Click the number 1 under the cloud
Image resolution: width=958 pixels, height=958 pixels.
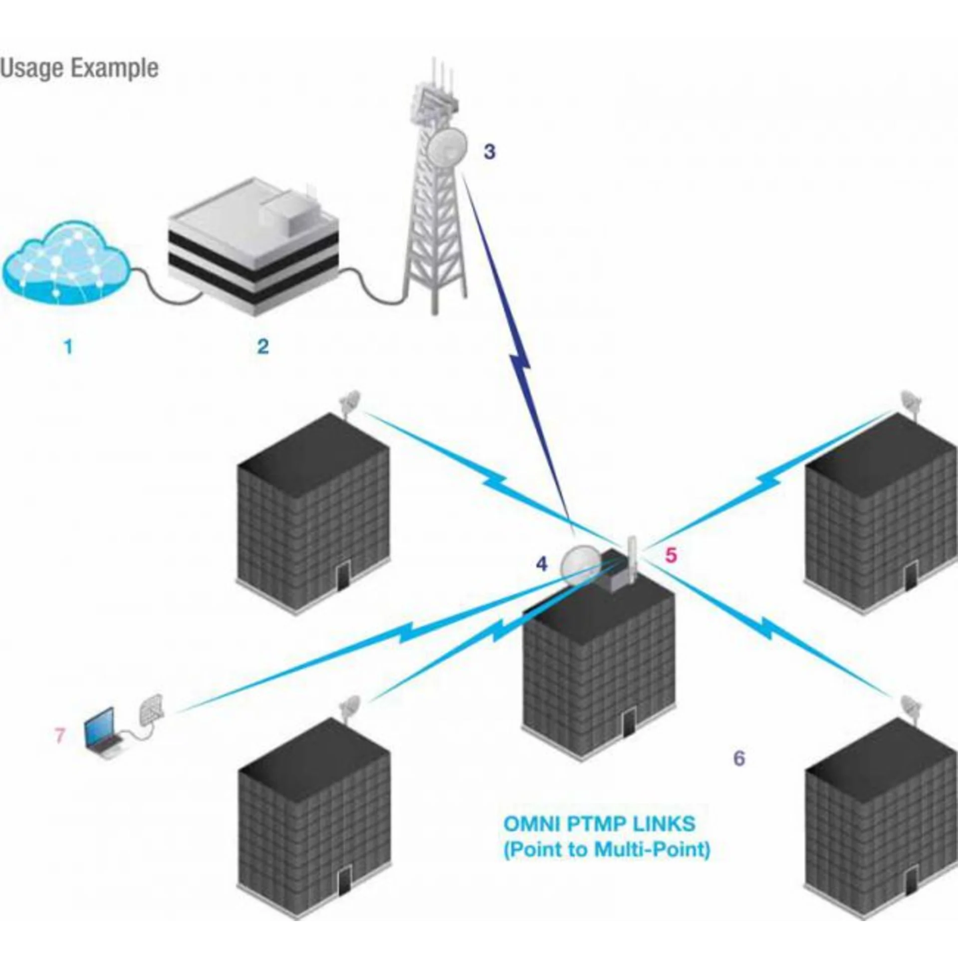point(69,346)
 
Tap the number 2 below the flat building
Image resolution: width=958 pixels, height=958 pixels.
point(263,346)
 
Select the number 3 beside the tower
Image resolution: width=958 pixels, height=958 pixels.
point(489,152)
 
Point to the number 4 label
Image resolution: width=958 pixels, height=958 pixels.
point(541,564)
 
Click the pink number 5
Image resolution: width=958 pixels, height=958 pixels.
point(671,555)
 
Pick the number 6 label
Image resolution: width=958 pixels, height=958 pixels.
point(739,758)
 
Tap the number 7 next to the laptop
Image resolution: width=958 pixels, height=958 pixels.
point(60,735)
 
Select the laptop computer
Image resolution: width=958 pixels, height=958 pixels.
point(102,732)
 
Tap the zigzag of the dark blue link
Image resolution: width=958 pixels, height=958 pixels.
point(519,363)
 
